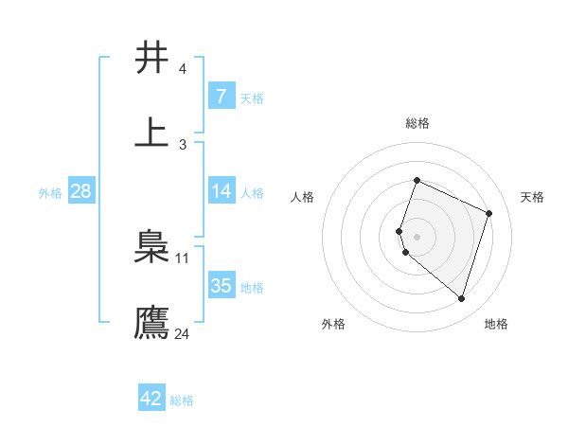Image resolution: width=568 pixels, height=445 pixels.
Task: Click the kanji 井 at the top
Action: coord(151,58)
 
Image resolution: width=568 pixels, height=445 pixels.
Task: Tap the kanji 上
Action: coord(151,133)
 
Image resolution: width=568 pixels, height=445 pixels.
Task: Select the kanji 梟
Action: coord(151,247)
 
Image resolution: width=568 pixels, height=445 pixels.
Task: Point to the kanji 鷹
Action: coord(151,321)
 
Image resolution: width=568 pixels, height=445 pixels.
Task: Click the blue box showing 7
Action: coord(221,97)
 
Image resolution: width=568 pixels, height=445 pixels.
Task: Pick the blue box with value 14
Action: coord(221,191)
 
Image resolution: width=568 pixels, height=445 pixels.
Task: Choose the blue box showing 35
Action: coord(221,286)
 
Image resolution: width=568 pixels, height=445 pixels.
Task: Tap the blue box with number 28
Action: coord(81,191)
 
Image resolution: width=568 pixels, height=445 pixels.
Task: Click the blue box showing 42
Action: coord(151,399)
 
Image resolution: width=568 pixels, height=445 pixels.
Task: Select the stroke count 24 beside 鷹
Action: coord(182,333)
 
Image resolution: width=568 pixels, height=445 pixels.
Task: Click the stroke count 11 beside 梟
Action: coord(183,258)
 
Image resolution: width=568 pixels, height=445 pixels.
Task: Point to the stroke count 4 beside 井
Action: coord(182,69)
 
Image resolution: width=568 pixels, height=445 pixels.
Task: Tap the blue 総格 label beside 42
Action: coord(182,400)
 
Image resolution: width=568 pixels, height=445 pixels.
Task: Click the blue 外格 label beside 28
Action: coord(50,193)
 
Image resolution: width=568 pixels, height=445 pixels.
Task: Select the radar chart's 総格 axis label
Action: coord(417,123)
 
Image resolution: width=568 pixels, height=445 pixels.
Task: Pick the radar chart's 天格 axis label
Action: coord(532,197)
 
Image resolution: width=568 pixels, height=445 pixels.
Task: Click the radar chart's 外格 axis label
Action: coord(333,324)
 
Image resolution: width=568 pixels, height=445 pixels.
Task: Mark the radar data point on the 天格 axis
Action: coord(489,213)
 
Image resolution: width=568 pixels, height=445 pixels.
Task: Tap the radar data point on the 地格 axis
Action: coord(461,298)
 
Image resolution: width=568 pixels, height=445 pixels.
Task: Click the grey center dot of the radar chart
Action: coord(417,237)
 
